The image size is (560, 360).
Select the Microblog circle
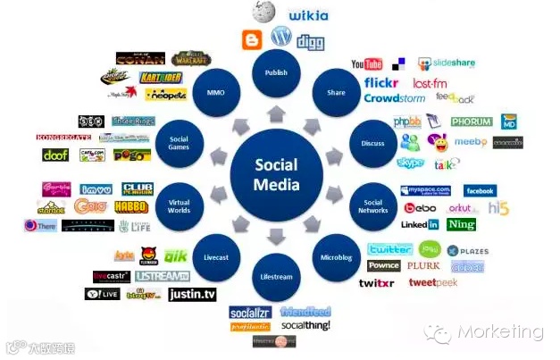point(337,256)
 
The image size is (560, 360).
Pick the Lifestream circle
point(276,277)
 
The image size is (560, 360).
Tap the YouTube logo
point(367,64)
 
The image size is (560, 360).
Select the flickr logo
point(380,83)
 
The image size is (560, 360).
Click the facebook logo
point(480,190)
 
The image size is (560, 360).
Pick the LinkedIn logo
point(420,225)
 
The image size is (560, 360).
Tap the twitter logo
point(389,249)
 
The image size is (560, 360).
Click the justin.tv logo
point(192,293)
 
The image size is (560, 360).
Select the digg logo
point(310,42)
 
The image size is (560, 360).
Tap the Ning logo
point(462,225)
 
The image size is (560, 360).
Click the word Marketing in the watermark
point(500,332)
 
